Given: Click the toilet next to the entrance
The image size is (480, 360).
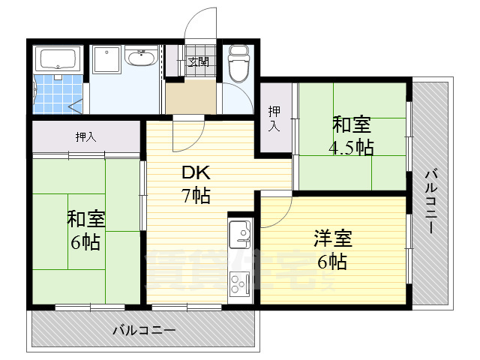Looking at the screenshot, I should (x=238, y=63).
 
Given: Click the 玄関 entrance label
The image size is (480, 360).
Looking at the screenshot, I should (x=198, y=61).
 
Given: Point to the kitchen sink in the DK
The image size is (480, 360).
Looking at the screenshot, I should (x=240, y=234).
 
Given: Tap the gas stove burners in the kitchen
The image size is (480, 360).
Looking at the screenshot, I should (x=240, y=284).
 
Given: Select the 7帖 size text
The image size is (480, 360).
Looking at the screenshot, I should (x=196, y=196).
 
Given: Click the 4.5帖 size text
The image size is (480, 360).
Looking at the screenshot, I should (x=351, y=146).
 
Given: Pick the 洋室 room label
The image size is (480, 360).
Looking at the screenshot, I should (x=332, y=240).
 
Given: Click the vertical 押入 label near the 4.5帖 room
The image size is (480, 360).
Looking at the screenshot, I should (x=274, y=118).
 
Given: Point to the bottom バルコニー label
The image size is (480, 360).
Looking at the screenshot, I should (x=143, y=329).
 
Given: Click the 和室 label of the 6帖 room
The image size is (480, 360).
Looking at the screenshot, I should (x=86, y=219).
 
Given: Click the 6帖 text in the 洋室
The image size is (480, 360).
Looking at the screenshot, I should (x=332, y=262).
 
